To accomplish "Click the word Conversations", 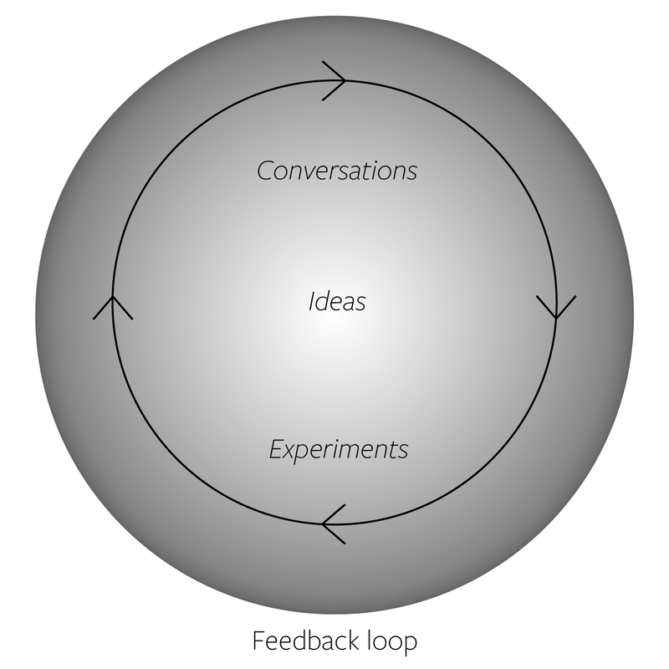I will click(337, 171).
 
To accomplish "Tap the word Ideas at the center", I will click(337, 301).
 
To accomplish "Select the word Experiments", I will click(339, 450).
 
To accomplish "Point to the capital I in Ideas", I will click(311, 301).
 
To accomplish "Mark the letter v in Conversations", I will click(314, 172).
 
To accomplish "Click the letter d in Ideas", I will click(322, 301).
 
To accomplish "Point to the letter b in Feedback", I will click(314, 641).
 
